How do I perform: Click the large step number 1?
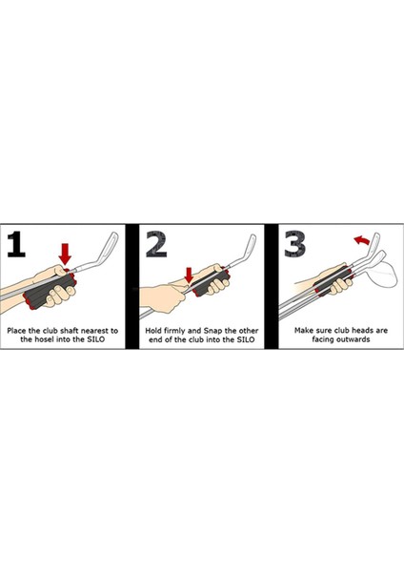16,244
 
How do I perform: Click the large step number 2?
156,244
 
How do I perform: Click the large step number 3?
294,243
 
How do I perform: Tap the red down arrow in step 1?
65,255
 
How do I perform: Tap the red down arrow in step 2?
189,276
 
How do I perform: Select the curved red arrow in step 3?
362,239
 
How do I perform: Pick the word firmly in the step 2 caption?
174,331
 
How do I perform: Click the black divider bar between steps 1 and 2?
132,286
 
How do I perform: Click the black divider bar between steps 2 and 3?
271,286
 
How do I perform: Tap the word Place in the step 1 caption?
17,331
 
